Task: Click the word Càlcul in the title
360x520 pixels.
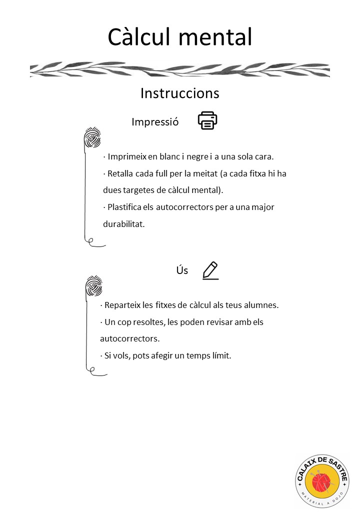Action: coord(140,37)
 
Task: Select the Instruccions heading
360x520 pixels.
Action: coord(179,93)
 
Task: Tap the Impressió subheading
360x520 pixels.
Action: coord(155,122)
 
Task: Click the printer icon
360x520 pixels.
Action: coord(207,121)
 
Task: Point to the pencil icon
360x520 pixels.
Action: coord(210,270)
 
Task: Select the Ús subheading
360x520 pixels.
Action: coord(182,270)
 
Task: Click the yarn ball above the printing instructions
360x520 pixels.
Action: coord(92,138)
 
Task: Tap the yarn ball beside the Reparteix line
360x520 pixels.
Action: coord(93,287)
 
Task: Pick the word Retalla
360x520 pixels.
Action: coord(120,174)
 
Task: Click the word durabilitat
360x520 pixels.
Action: coord(123,224)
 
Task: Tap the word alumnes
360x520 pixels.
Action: coord(261,305)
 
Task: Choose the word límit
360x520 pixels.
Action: coord(220,356)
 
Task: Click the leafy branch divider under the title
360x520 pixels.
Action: coord(179,69)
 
